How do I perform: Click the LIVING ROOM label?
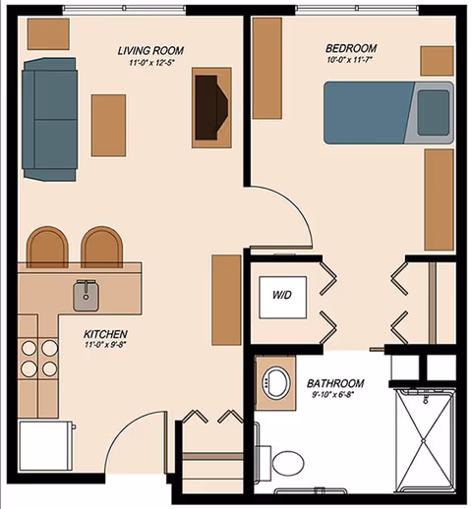point(149,50)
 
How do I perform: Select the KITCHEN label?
point(105,333)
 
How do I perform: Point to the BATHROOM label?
point(335,383)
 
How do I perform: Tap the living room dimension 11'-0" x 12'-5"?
point(149,64)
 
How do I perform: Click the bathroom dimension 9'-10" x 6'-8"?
point(335,397)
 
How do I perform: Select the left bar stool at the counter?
point(47,248)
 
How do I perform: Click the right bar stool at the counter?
point(101,248)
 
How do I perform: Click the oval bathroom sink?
point(275,382)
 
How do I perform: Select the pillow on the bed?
point(433,111)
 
